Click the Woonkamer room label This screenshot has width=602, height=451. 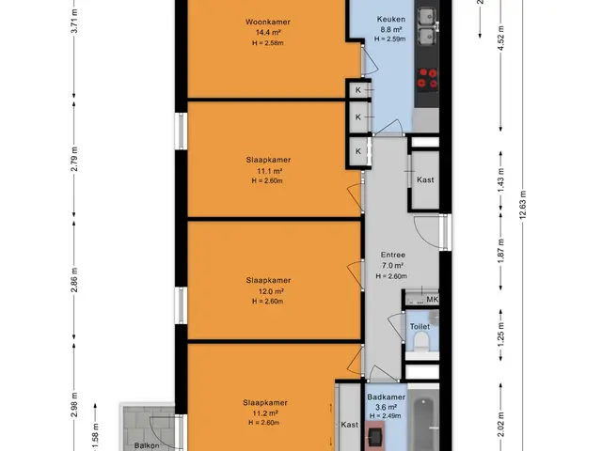tap(267, 22)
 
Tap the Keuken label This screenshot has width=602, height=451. tap(391, 19)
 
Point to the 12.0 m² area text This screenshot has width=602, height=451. tap(271, 291)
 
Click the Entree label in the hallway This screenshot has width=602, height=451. tap(393, 255)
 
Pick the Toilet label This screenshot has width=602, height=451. tap(420, 326)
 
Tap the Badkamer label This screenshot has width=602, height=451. tap(386, 397)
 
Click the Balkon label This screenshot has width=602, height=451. tap(147, 445)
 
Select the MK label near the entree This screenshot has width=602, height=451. tap(433, 299)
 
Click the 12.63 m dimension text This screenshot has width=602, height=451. tap(523, 205)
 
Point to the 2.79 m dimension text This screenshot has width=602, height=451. tap(74, 159)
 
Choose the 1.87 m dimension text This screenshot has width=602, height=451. tap(501, 251)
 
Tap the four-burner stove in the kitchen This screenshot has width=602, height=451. tap(427, 78)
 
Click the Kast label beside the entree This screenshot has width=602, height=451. tap(425, 179)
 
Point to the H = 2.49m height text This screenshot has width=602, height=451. tap(385, 416)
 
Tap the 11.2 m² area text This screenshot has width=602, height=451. tap(265, 413)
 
